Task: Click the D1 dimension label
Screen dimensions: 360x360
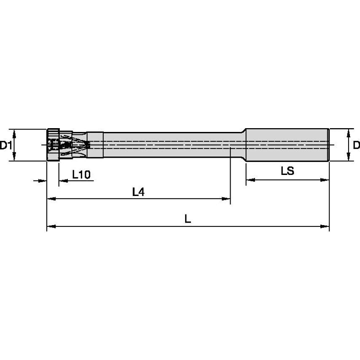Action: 5,145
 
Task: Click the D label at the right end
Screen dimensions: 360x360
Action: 356,145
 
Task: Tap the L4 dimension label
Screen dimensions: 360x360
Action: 138,192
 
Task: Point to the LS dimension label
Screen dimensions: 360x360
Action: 287,171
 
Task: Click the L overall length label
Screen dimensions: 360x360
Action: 188,219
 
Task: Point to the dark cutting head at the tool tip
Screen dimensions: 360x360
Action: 52,145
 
